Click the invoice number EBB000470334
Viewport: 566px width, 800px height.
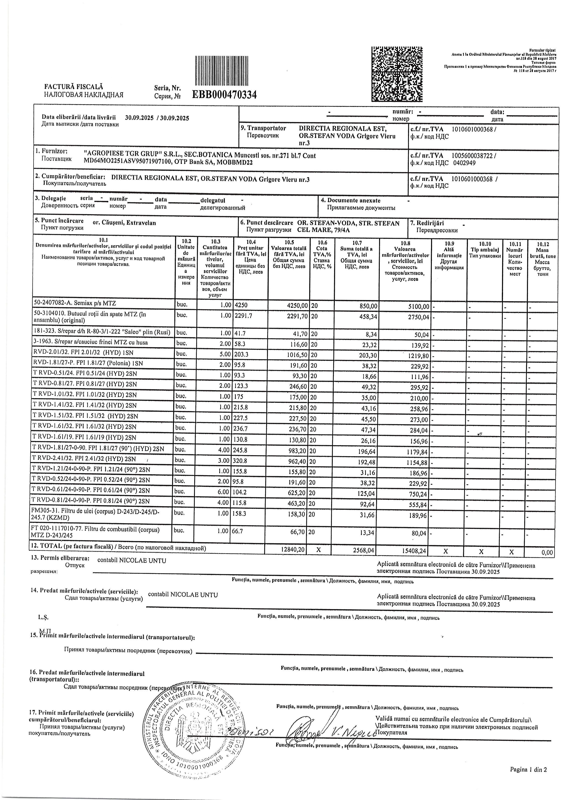point(224,94)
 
